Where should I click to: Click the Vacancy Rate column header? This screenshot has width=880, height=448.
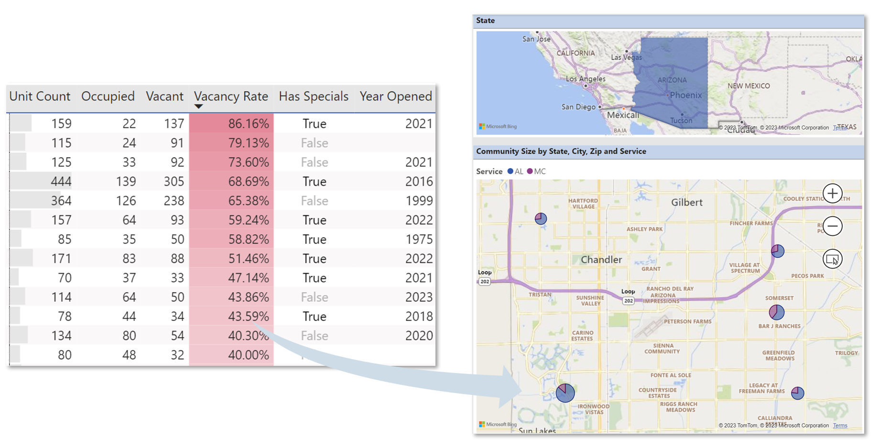pyautogui.click(x=231, y=96)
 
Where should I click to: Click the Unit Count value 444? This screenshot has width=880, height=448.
pyautogui.click(x=61, y=181)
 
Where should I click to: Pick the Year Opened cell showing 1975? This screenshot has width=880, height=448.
pyautogui.click(x=419, y=239)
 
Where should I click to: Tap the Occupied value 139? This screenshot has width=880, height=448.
pyautogui.click(x=126, y=181)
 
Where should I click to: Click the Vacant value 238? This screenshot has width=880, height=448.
pyautogui.click(x=174, y=201)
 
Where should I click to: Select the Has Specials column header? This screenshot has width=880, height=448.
pyautogui.click(x=314, y=96)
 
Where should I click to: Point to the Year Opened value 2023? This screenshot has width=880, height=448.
pyautogui.click(x=419, y=297)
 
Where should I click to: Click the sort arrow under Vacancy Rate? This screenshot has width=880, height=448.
pyautogui.click(x=198, y=107)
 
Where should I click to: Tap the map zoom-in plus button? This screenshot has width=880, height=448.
pyautogui.click(x=832, y=193)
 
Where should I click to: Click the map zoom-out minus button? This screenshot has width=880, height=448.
pyautogui.click(x=832, y=226)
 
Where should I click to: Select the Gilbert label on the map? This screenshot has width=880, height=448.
pyautogui.click(x=686, y=203)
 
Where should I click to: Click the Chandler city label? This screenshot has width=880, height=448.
pyautogui.click(x=601, y=260)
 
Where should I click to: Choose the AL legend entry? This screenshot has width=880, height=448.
pyautogui.click(x=515, y=171)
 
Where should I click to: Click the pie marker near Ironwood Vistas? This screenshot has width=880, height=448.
pyautogui.click(x=565, y=393)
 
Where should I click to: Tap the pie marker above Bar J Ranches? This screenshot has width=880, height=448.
pyautogui.click(x=776, y=312)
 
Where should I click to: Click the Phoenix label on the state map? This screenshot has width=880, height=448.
pyautogui.click(x=685, y=95)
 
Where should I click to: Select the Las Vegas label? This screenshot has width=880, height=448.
pyautogui.click(x=627, y=57)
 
